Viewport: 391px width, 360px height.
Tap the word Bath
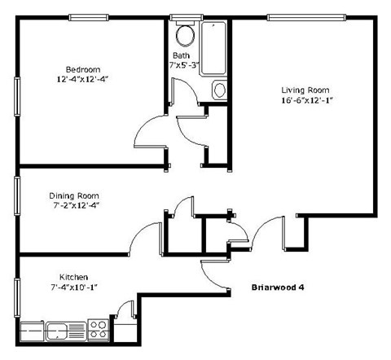pyautogui.click(x=180, y=55)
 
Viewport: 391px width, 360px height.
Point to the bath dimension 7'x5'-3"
pyautogui.click(x=184, y=65)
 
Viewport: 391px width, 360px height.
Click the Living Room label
pyautogui.click(x=303, y=90)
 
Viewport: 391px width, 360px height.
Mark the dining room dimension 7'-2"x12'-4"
pyautogui.click(x=73, y=206)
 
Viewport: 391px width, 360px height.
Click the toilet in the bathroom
pyautogui.click(x=184, y=35)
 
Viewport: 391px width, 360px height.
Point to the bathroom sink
pyautogui.click(x=219, y=90)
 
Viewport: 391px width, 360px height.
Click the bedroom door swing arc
pyautogui.click(x=149, y=130)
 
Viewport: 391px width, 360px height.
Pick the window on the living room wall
pyautogui.click(x=303, y=17)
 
